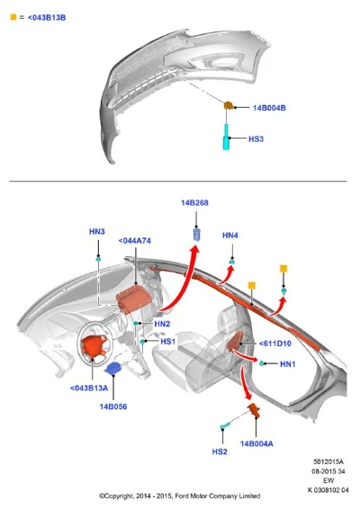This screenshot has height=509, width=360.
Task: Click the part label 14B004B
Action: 269,108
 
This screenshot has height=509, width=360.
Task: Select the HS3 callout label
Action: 256,138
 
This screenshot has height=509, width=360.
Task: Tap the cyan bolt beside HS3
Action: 226,137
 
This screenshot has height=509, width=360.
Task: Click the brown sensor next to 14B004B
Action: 229,105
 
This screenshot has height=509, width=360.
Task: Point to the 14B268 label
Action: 194,202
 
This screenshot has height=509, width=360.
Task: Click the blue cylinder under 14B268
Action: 197,235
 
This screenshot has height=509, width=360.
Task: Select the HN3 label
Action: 97,231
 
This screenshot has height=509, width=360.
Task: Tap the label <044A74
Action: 134,241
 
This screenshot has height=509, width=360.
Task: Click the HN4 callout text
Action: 230,235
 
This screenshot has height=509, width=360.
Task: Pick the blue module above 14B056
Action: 113,369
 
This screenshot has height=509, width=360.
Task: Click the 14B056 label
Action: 113,406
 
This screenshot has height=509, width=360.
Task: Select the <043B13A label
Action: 89,388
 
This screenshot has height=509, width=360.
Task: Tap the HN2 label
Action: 162,324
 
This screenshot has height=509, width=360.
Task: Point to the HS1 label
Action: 168,341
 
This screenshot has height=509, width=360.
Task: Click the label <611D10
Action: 274,344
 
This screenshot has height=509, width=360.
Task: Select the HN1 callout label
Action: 288,364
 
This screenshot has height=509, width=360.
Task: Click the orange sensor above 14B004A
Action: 254,410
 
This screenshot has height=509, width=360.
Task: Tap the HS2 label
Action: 220,451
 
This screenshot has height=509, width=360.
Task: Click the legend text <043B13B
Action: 47,17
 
